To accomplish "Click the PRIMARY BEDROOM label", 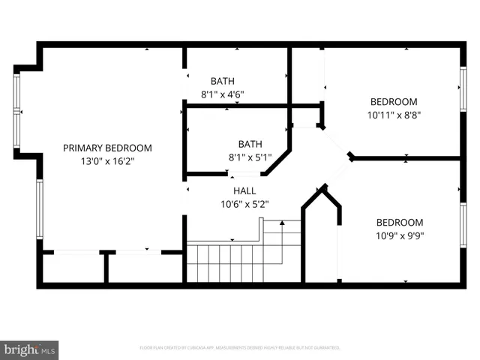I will coord(107,148).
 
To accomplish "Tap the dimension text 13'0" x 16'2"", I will coord(107,160).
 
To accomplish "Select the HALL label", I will coord(244,190).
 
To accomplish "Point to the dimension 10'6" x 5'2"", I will coord(244,203).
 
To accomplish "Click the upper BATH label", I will coord(222,81).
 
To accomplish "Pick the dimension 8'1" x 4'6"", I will coord(222,94).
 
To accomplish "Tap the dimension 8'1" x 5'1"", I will coord(250,157).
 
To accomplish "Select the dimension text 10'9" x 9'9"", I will coord(399,235).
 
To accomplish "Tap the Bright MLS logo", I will coord(30,349).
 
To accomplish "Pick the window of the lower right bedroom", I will coord(462,225).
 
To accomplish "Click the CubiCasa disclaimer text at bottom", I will coord(240,348).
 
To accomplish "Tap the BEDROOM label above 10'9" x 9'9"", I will coord(399,223).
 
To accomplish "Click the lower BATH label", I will coord(250,144).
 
